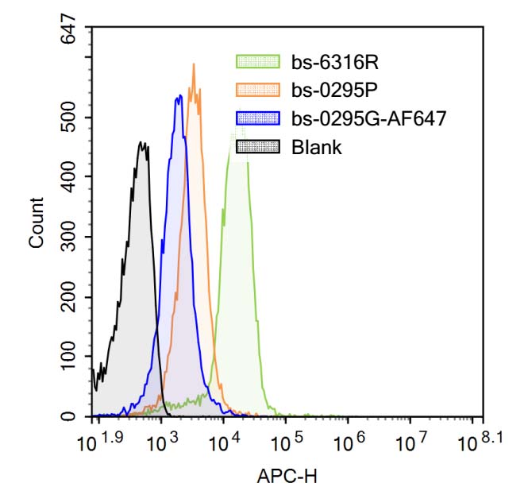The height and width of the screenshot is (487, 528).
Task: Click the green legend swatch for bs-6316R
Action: click(258, 62)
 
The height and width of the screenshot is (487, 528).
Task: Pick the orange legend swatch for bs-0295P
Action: click(258, 90)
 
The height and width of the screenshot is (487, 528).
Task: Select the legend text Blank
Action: click(317, 147)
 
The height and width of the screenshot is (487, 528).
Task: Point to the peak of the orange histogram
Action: click(193, 65)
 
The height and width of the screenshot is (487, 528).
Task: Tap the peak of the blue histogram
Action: click(180, 96)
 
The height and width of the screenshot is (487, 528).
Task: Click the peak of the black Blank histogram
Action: click(142, 143)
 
